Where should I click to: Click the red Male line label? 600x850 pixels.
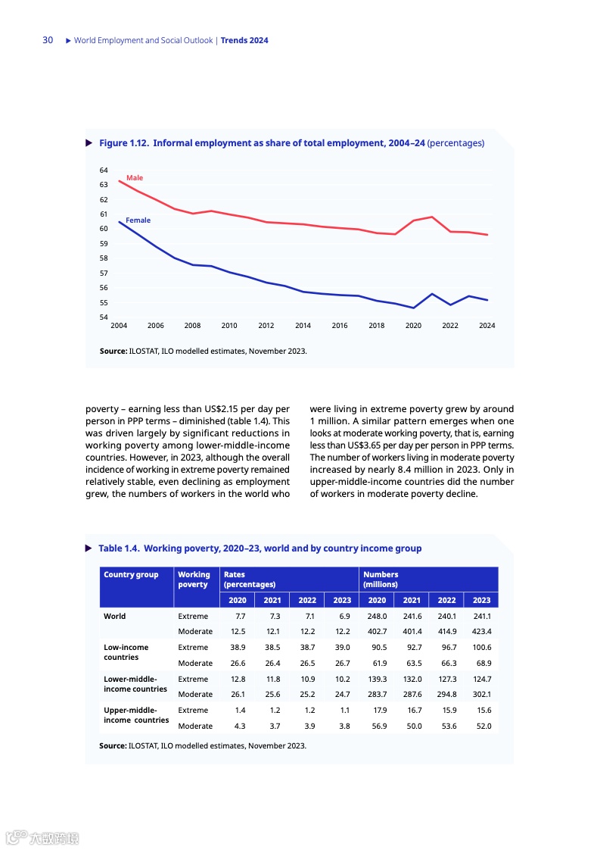pos(134,178)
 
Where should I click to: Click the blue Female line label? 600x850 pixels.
pos(138,220)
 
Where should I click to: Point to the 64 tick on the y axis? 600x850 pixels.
pos(104,170)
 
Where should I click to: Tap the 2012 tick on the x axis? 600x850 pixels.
pos(266,326)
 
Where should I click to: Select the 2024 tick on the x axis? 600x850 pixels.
pos(487,326)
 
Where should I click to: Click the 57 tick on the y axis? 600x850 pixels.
pos(104,273)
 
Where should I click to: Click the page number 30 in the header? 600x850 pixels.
pos(48,40)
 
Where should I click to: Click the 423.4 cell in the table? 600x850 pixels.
pos(482,632)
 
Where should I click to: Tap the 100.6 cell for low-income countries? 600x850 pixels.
pos(482,648)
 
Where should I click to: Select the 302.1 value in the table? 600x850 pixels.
pos(482,694)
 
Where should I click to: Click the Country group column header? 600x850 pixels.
pos(131,575)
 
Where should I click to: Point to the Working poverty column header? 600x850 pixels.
pos(194,580)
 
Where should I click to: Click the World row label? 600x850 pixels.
pos(115,617)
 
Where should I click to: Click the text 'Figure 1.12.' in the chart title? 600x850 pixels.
pos(124,143)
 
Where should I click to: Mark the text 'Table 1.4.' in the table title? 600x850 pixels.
pos(120,548)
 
